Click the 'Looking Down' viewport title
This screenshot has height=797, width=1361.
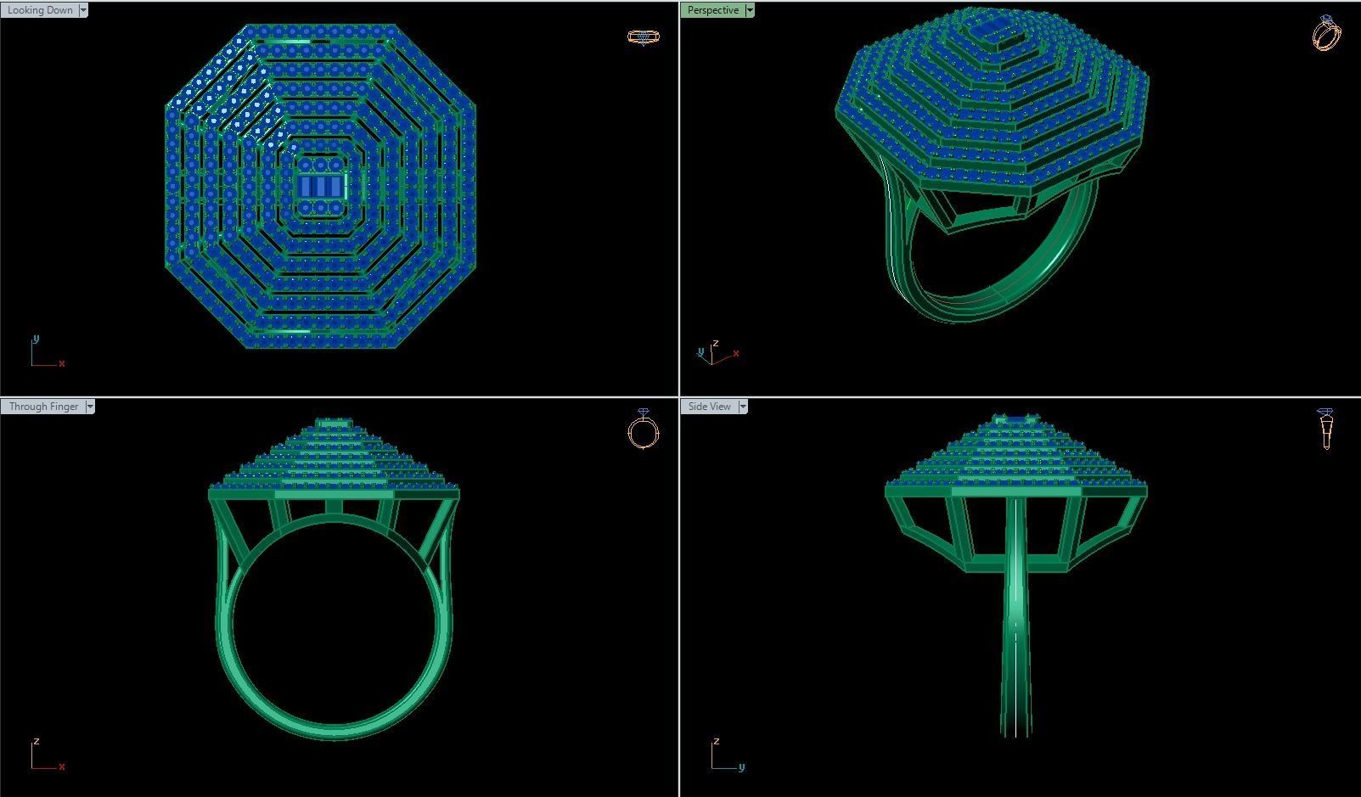click(x=40, y=10)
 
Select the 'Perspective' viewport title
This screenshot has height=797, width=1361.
click(x=712, y=10)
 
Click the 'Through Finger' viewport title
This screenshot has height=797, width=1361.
click(x=43, y=407)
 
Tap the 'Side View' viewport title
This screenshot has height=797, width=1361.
click(x=709, y=407)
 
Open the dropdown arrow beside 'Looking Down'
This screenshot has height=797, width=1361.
click(x=83, y=10)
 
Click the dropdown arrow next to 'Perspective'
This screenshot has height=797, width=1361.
click(x=749, y=10)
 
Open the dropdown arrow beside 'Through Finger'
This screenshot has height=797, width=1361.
click(x=90, y=407)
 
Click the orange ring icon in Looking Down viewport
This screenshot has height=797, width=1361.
click(x=643, y=36)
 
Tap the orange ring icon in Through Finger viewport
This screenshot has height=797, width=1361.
click(x=644, y=429)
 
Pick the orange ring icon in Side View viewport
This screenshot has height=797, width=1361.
click(x=1326, y=429)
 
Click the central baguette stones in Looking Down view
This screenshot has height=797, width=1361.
click(x=321, y=186)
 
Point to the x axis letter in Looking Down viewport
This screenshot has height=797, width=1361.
click(x=62, y=363)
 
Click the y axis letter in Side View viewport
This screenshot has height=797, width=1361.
click(x=741, y=766)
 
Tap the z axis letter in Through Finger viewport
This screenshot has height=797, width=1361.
click(x=36, y=741)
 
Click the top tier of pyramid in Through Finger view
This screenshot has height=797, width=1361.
click(x=334, y=423)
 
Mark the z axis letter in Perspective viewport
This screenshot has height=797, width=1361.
click(x=716, y=343)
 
